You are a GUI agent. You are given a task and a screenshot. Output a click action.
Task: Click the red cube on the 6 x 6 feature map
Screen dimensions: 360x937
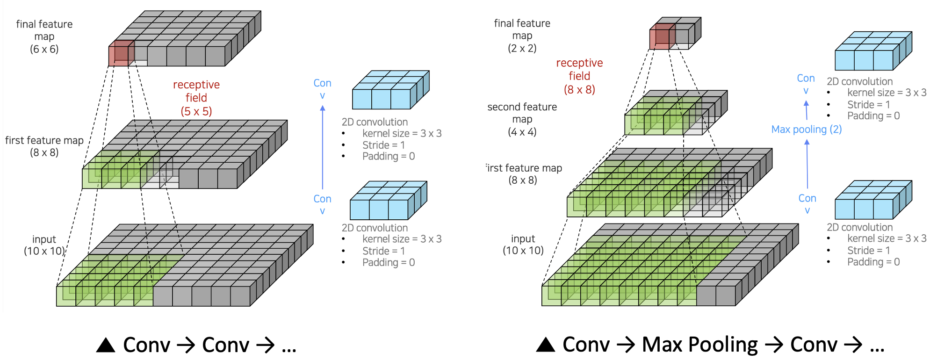[x=121, y=53]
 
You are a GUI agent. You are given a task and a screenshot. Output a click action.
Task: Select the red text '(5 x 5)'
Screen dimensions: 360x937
[x=196, y=111]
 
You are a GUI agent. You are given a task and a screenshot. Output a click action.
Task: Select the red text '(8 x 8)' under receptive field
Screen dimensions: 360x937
[x=579, y=89]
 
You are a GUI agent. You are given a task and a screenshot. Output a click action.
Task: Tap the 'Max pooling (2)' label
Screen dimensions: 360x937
[x=806, y=130]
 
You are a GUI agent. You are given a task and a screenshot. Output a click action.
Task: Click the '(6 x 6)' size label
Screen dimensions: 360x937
[x=44, y=49]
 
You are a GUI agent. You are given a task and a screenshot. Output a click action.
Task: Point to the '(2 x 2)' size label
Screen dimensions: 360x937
[x=522, y=48]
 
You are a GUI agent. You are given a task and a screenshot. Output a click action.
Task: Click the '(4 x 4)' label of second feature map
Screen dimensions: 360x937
[x=522, y=132]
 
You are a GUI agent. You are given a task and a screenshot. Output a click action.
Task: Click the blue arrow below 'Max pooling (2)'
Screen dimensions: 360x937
[x=807, y=164]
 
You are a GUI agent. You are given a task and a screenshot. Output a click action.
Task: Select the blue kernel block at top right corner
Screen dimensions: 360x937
[x=872, y=51]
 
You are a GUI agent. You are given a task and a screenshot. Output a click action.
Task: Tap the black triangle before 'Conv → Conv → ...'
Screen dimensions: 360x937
[x=106, y=345]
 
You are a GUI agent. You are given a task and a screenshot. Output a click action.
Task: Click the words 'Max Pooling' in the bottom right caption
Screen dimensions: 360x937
[x=699, y=345]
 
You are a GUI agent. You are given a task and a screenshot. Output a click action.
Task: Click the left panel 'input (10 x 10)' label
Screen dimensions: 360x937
[x=44, y=245]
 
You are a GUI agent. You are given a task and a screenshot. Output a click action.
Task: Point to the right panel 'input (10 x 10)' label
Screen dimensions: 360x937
[x=523, y=245]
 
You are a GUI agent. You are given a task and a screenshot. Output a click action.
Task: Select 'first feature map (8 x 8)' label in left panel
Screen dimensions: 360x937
[x=44, y=146]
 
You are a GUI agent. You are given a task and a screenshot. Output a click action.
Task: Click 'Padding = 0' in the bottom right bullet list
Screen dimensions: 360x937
[x=873, y=262]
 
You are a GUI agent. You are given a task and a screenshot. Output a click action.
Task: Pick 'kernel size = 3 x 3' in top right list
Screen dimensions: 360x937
[x=887, y=93]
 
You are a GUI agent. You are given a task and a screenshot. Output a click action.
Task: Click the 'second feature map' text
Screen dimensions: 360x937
[x=522, y=107]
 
